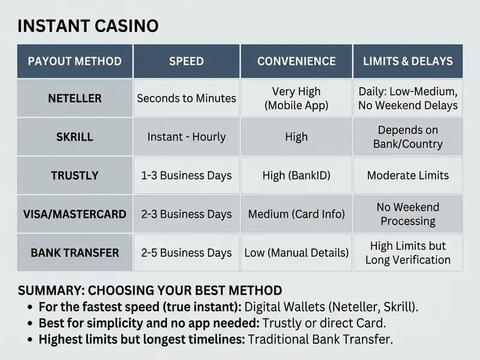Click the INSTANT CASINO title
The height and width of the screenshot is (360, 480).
88,26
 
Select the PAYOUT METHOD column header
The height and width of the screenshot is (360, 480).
74,61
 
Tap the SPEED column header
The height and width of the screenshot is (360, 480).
187,61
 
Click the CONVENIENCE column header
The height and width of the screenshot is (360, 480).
296,61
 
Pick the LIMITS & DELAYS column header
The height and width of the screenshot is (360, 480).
408,61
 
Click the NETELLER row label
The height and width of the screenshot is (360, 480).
74,98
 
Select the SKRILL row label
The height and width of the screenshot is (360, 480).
74,137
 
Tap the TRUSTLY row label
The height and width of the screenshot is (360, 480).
74,175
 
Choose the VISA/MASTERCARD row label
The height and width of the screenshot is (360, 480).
74,214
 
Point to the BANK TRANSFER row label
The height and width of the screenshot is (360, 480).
74,253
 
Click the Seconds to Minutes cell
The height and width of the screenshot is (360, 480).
187,98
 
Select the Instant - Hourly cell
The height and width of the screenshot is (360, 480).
187,137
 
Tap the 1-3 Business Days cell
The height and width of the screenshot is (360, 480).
187,175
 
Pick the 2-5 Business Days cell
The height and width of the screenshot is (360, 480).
187,253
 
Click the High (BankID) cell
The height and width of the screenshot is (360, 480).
296,175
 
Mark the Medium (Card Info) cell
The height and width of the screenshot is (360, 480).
296,214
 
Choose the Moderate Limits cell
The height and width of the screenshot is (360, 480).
408,175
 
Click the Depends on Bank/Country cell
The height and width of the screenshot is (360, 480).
408,137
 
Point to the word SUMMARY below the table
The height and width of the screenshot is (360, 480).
51,290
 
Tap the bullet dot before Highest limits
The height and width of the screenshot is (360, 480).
29,340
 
